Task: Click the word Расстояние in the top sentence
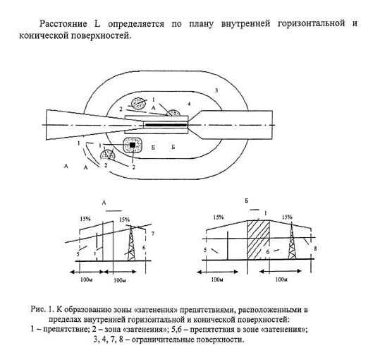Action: click(x=63, y=24)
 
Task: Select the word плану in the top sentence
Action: click(x=201, y=24)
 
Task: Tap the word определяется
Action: click(x=136, y=24)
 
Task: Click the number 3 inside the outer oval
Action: click(x=216, y=90)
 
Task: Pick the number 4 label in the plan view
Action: click(x=189, y=104)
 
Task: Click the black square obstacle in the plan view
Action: click(x=133, y=145)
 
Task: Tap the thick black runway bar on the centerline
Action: click(x=166, y=125)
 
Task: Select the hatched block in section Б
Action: click(x=258, y=239)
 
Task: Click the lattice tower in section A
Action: click(x=131, y=243)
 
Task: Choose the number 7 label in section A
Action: click(x=153, y=234)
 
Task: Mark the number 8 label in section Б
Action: click(x=315, y=248)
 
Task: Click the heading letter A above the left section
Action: click(x=104, y=203)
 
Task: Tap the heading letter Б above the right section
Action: click(x=247, y=201)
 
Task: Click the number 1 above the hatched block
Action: click(x=266, y=213)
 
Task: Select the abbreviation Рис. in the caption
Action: click(x=38, y=310)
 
